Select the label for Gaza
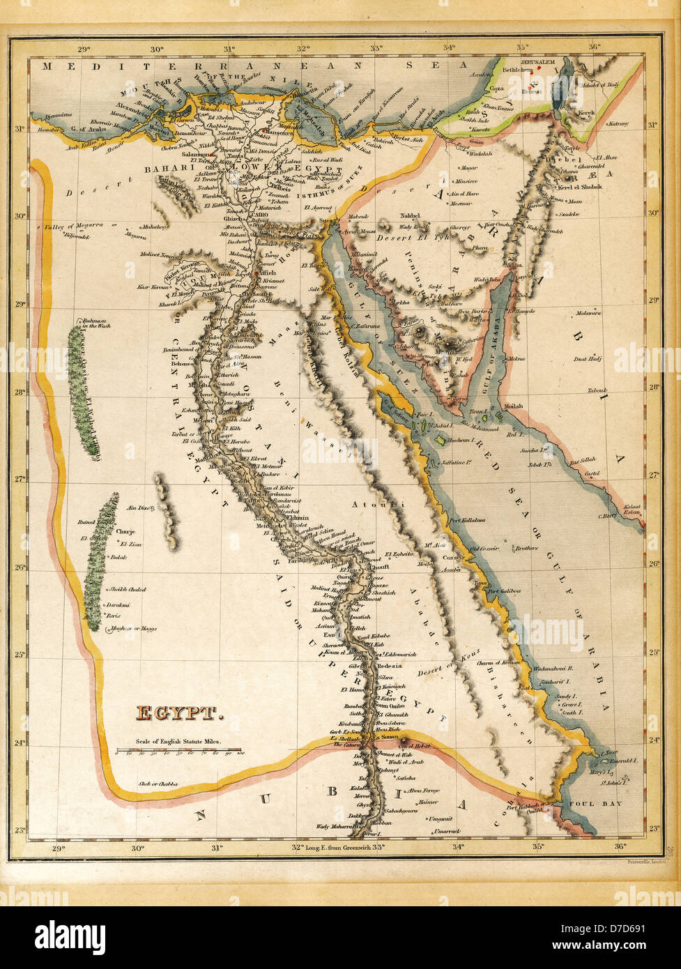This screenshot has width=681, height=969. [496, 89]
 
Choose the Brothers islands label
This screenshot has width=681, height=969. [526, 548]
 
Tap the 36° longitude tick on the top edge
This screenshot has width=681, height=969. [594, 48]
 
